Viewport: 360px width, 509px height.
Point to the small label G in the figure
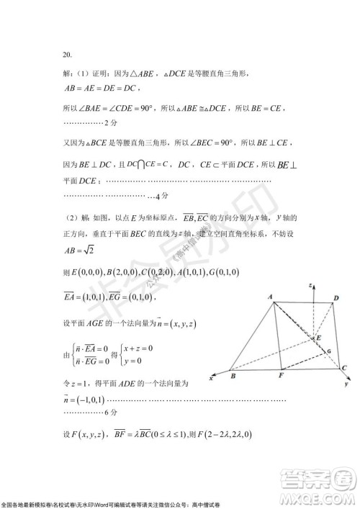click(x=328, y=351)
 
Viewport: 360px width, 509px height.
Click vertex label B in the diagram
click(x=232, y=376)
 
